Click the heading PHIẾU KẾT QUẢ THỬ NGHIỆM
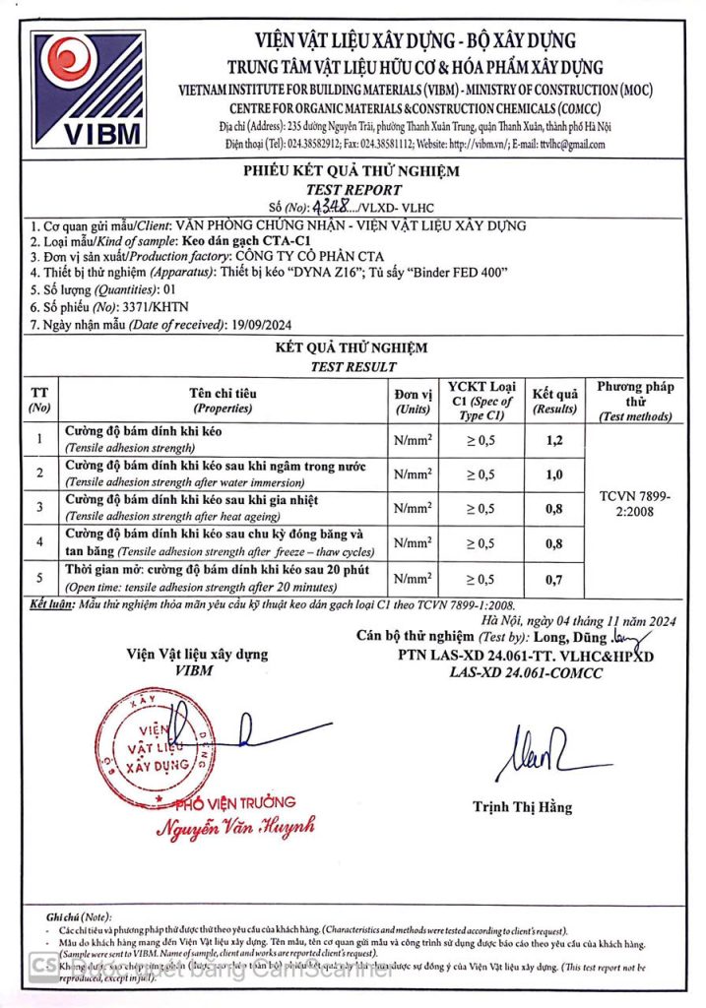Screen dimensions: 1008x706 [353, 171]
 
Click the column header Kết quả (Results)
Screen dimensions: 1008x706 [553, 400]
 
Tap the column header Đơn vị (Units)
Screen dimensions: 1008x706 [413, 401]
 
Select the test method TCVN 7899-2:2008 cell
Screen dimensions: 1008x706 [635, 507]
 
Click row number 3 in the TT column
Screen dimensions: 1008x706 [39, 508]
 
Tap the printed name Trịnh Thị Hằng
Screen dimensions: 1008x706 [522, 807]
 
